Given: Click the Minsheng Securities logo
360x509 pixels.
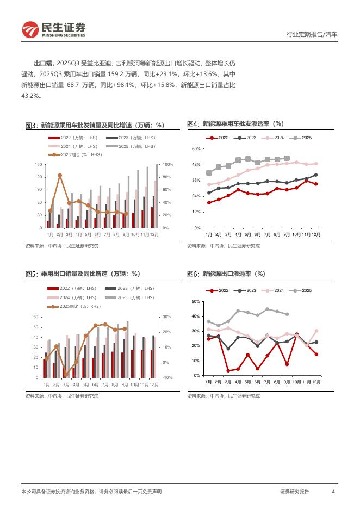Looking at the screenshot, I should pos(54,30).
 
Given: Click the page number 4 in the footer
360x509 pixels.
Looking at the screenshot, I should pos(333,492).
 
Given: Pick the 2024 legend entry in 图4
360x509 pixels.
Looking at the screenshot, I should pos(275,138).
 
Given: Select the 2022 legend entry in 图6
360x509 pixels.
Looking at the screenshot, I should pos(219,291).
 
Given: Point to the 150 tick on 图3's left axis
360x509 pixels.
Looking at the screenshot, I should pos(39,164).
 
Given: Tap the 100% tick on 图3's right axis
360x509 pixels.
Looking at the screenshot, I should pos(167,164).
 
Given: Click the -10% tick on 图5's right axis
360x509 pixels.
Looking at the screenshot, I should pos(167,378).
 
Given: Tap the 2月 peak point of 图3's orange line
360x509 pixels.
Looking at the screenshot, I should pos(60,175).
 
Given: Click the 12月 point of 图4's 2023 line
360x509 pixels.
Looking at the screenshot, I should pos(316,175).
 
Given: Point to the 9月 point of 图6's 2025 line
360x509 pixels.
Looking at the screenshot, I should pos(287,314).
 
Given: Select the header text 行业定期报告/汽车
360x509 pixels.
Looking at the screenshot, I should pos(312,34).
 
